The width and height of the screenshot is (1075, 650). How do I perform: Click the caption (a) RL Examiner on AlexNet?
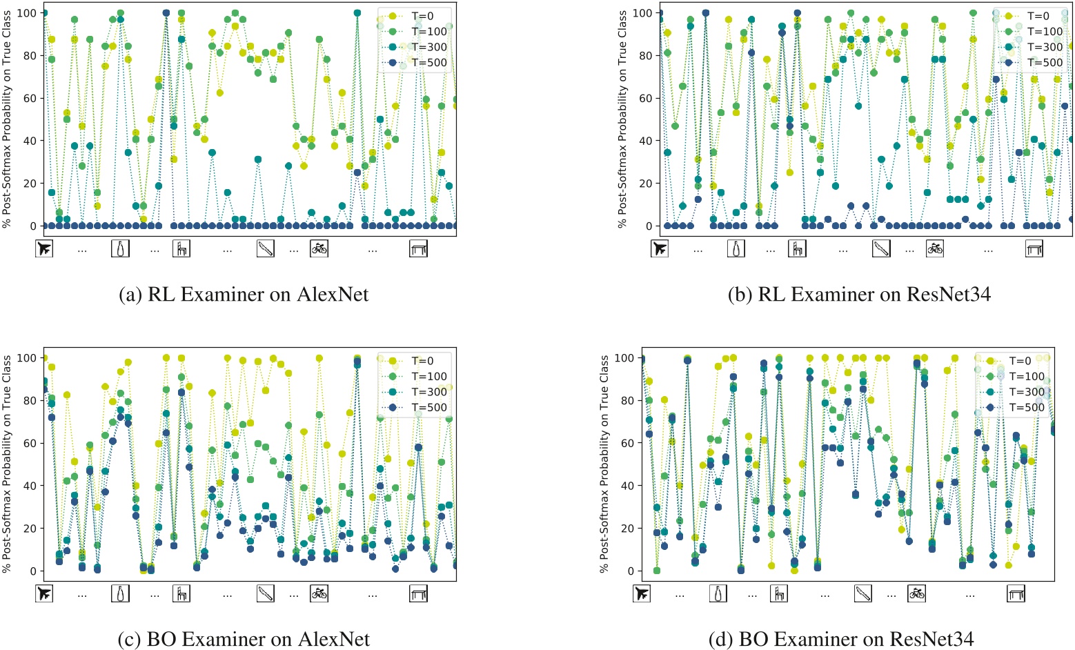pos(244,295)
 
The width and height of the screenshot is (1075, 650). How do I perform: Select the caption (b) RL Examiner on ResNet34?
pos(859,295)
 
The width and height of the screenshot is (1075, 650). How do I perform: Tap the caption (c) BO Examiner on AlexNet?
pos(244,639)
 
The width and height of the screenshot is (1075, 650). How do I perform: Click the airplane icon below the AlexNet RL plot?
pos(44,248)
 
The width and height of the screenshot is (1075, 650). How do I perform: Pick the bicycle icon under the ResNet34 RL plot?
pos(935,248)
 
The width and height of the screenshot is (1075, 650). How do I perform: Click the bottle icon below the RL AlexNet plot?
pos(120,248)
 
